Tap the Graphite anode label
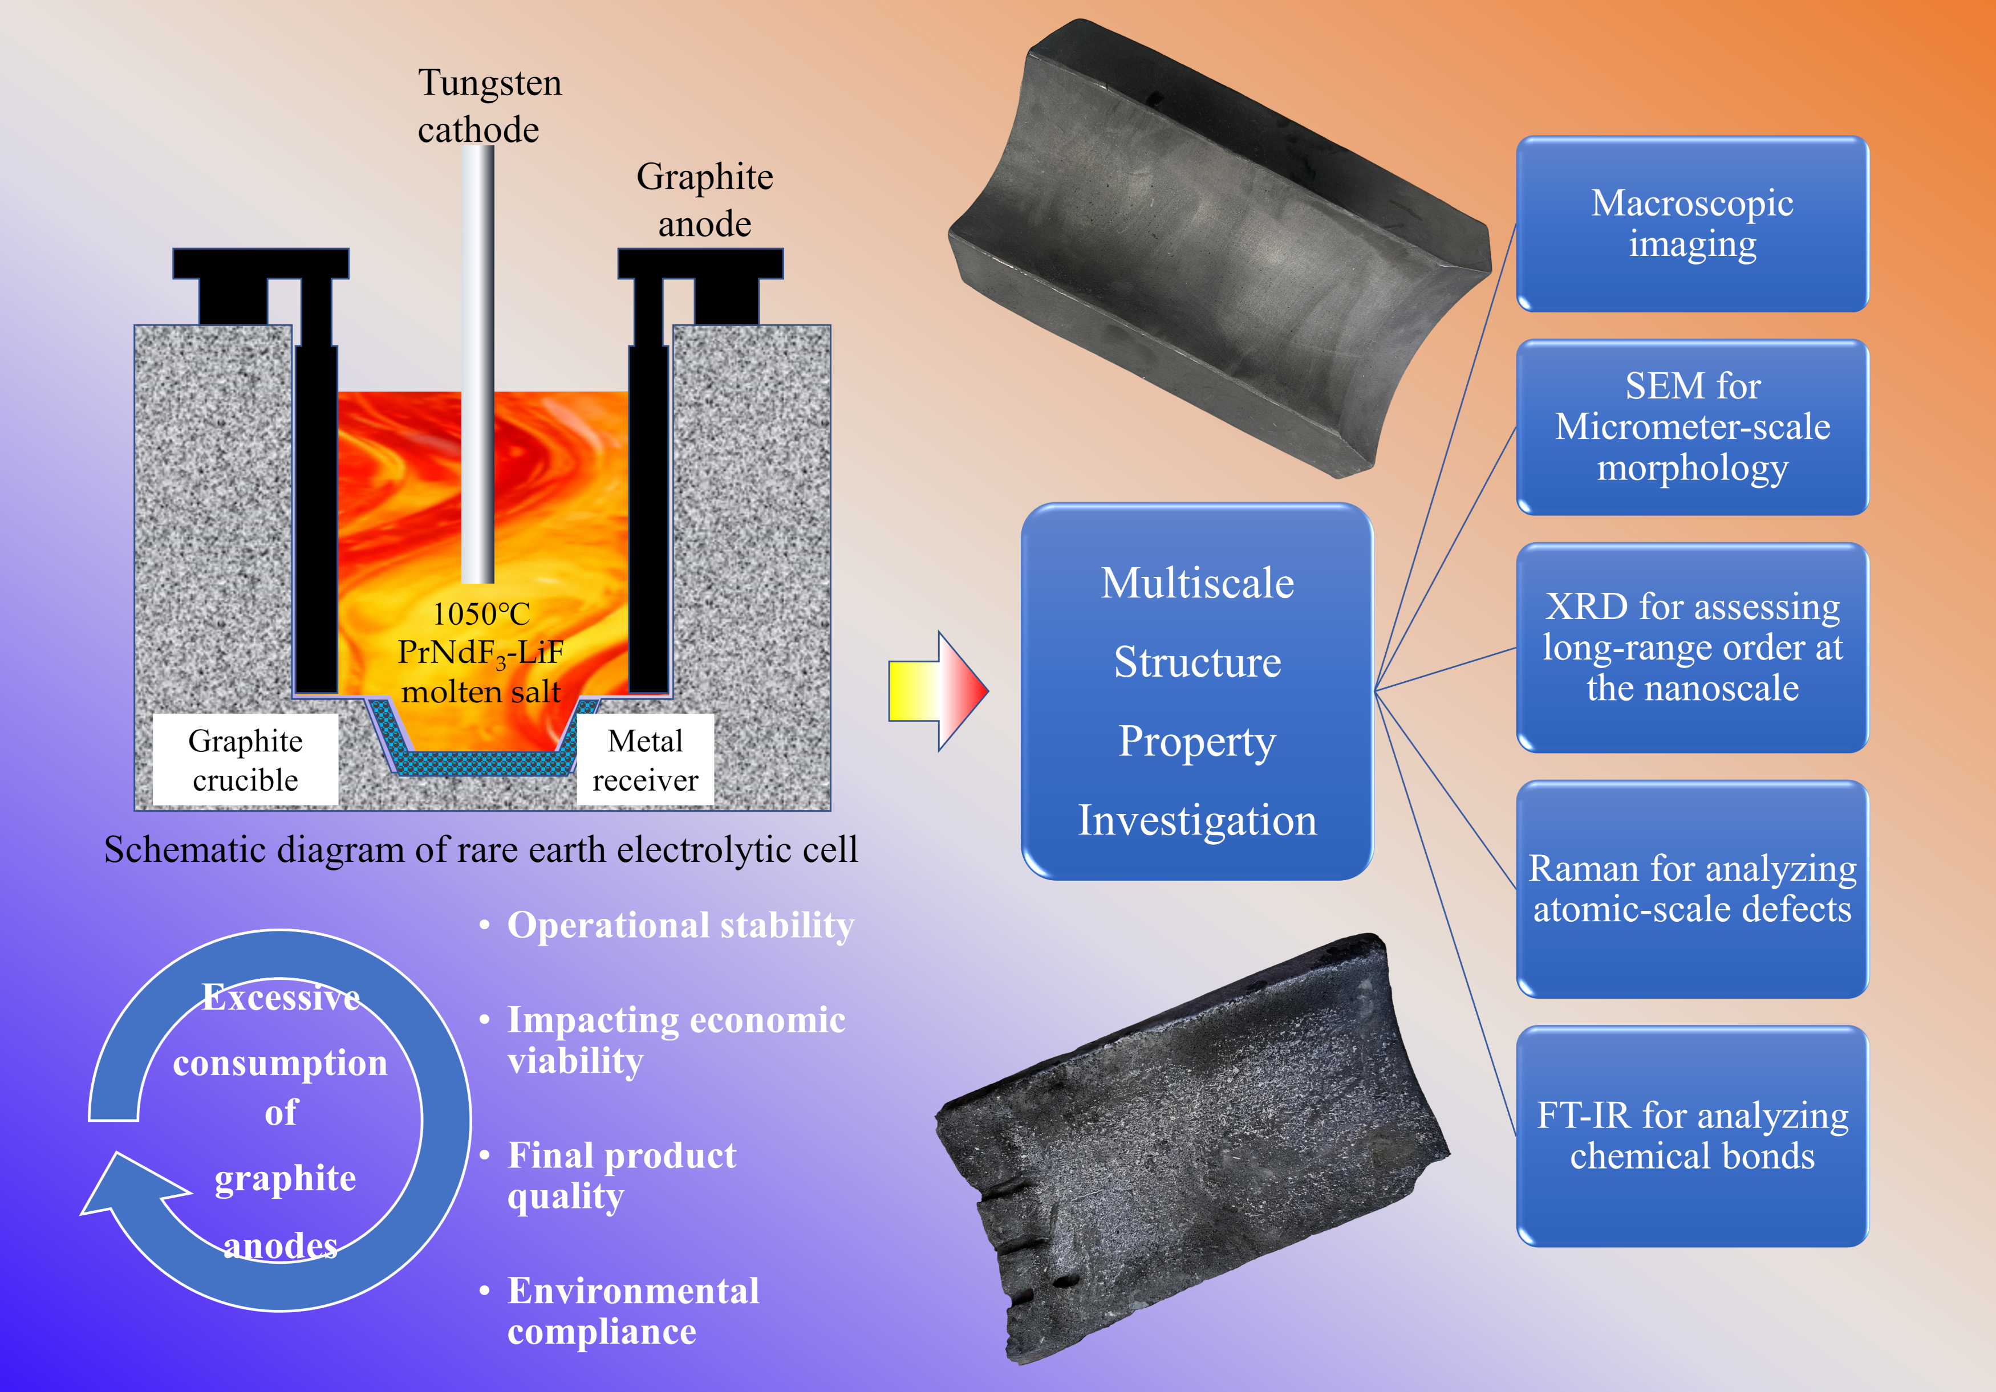[x=704, y=200]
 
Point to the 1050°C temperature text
[x=481, y=613]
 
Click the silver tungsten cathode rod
[x=477, y=365]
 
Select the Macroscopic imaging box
[x=1691, y=224]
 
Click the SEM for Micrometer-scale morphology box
[x=1691, y=426]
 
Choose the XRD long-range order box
[x=1691, y=648]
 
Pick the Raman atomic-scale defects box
[x=1691, y=889]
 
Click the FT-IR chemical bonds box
[x=1691, y=1135]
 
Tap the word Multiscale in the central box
[x=1197, y=583]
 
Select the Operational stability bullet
[x=680, y=925]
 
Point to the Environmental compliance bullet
[x=633, y=1310]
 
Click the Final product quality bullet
[x=622, y=1175]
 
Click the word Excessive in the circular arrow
[x=281, y=998]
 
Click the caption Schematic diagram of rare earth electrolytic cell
[x=481, y=850]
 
